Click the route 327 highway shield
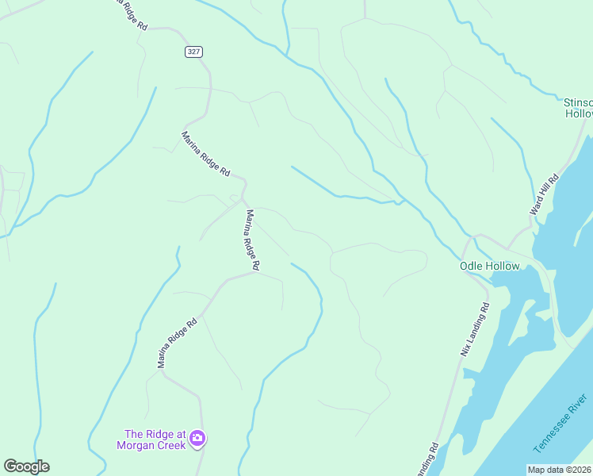click(x=194, y=52)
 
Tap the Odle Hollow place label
click(x=489, y=266)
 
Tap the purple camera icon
click(x=197, y=437)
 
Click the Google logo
click(x=26, y=466)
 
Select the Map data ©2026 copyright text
click(x=560, y=470)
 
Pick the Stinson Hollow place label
click(x=577, y=108)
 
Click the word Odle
click(x=472, y=266)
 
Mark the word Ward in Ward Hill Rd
click(x=537, y=209)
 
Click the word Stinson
click(x=577, y=102)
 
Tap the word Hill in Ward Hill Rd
click(x=546, y=193)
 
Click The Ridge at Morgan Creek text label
click(x=155, y=440)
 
